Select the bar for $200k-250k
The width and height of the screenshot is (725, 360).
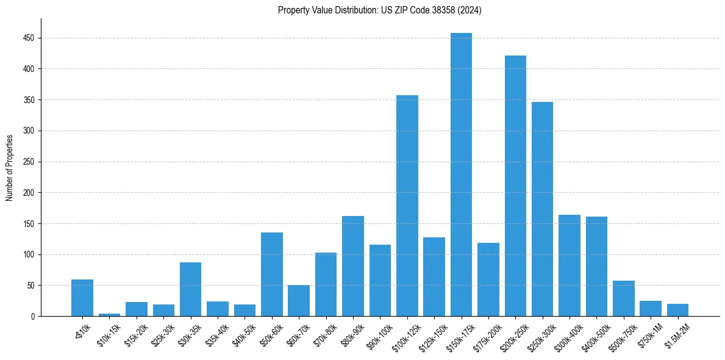[515, 186]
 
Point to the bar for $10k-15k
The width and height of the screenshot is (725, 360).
[110, 315]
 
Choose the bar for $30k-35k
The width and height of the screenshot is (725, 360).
[190, 289]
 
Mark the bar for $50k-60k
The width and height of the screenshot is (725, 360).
[272, 275]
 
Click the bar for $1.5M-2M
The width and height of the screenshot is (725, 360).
[677, 310]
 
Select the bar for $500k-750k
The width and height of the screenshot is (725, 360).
[623, 298]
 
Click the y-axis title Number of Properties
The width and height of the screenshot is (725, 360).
[9, 168]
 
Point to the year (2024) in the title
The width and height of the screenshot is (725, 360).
[470, 10]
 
